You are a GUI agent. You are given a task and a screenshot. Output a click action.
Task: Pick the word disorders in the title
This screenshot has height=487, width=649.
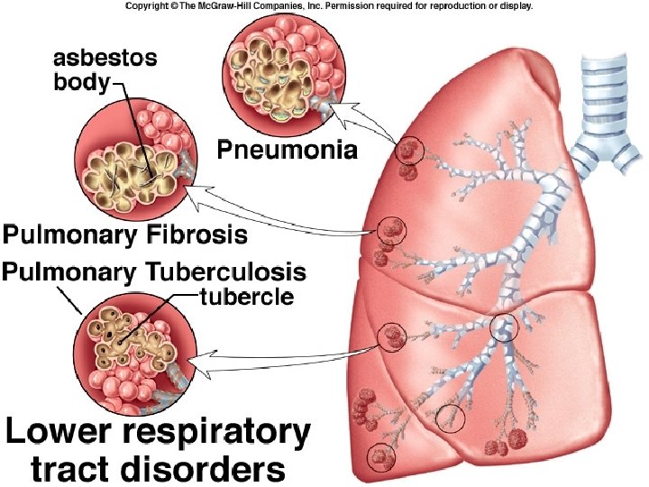[210, 469]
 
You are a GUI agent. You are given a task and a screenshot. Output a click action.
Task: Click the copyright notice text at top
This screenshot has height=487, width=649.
[329, 5]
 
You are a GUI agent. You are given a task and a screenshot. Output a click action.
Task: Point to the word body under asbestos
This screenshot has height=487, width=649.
[78, 83]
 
